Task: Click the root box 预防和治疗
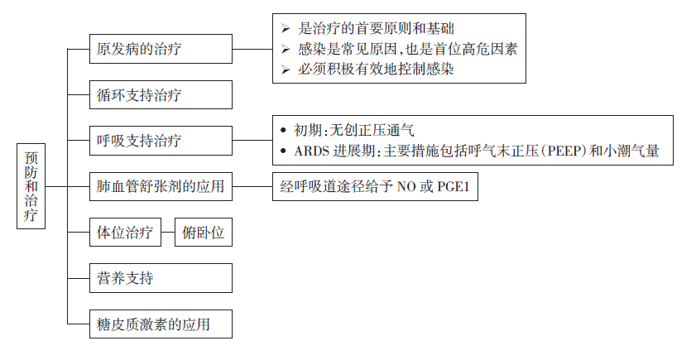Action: coord(31,186)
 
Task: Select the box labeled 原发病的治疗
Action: coord(161,49)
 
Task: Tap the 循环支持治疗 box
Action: coord(161,94)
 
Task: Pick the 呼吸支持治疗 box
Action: coord(161,140)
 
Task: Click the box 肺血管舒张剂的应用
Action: coord(161,186)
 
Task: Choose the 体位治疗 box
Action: coord(125,233)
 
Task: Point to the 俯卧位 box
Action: coord(204,233)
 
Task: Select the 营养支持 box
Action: coord(161,278)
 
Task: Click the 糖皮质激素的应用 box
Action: coord(161,324)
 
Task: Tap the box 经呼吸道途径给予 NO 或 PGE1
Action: coord(375,186)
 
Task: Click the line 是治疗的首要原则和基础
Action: coord(376,29)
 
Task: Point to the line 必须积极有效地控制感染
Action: coord(376,69)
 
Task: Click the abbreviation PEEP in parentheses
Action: coord(564,151)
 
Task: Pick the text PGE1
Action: coord(454,186)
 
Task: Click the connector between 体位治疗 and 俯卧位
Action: coord(168,233)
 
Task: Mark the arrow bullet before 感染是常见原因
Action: coord(286,50)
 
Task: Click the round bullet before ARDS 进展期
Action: coord(284,151)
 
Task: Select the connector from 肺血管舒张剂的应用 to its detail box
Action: coord(252,186)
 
